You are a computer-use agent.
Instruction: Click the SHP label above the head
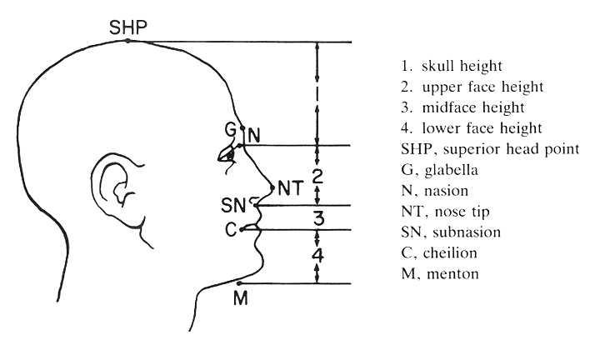[x=128, y=27]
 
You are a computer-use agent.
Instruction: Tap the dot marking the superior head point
[x=127, y=41]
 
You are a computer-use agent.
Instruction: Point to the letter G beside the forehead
[x=230, y=130]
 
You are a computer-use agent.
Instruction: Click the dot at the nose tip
[x=272, y=188]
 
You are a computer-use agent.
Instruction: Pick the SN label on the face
[x=233, y=205]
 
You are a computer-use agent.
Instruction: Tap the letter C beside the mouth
[x=231, y=230]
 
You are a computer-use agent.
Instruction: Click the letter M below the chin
[x=241, y=297]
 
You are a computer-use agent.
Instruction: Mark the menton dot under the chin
[x=239, y=283]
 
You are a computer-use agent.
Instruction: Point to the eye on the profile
[x=228, y=155]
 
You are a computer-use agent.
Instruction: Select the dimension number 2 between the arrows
[x=317, y=177]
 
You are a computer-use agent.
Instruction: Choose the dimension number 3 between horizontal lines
[x=318, y=218]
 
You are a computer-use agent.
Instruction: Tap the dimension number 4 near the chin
[x=318, y=256]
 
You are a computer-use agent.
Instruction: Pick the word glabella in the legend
[x=451, y=170]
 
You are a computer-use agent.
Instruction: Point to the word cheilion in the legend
[x=450, y=253]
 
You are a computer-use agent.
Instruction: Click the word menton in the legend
[x=452, y=274]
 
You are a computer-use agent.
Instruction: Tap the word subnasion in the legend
[x=467, y=232]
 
